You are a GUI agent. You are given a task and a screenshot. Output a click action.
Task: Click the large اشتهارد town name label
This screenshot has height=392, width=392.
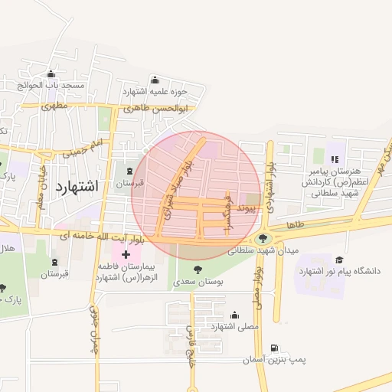[77, 185]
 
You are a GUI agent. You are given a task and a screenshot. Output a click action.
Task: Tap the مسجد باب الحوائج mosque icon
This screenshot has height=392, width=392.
[51, 75]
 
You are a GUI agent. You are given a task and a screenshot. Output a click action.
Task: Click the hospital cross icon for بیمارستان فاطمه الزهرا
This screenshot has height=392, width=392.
[126, 253]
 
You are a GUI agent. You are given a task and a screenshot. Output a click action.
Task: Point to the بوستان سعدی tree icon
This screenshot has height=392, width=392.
[198, 269]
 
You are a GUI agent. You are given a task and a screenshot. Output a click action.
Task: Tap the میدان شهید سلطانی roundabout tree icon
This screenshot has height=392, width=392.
[265, 237]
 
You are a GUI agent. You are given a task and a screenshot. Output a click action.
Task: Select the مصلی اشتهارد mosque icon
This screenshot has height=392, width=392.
[234, 315]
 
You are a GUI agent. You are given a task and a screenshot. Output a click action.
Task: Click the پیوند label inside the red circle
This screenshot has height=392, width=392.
[246, 207]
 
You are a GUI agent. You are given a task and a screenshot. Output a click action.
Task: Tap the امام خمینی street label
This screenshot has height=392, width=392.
[85, 148]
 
